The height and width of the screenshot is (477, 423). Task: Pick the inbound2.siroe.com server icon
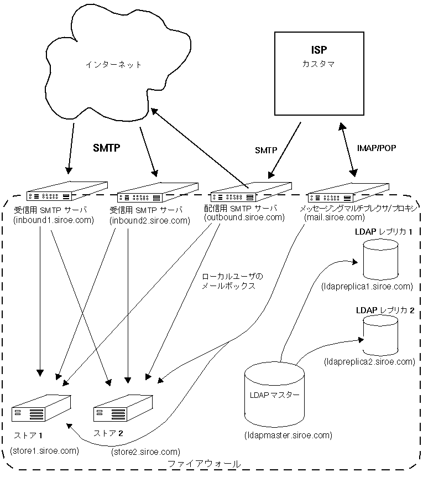(x=159, y=192)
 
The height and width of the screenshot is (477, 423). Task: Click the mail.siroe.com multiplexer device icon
(x=346, y=192)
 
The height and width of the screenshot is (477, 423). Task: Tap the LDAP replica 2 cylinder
(x=380, y=337)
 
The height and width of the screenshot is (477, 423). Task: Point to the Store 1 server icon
(x=41, y=409)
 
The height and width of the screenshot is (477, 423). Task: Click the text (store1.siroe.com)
(x=44, y=450)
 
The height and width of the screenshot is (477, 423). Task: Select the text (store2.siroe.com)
(x=145, y=453)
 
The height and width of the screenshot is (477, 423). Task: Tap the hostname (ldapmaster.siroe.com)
(x=288, y=435)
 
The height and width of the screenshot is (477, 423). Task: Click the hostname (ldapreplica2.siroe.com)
(x=369, y=362)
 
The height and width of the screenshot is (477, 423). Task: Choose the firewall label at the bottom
(x=203, y=464)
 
